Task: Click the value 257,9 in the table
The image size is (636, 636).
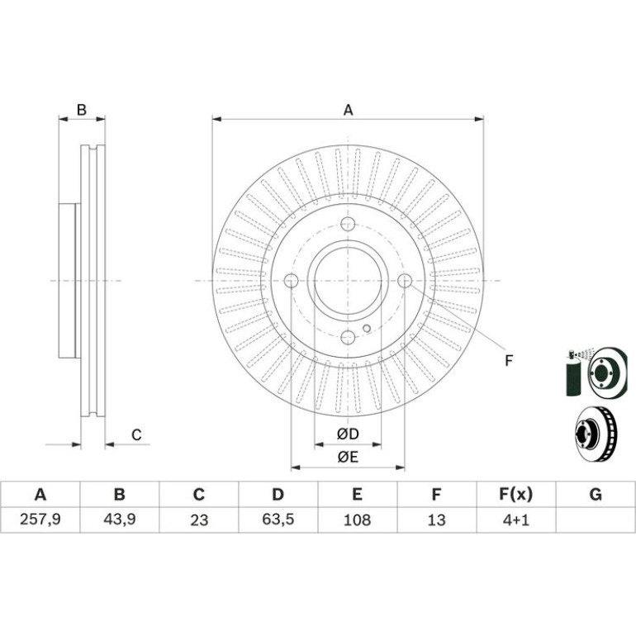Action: [40, 520]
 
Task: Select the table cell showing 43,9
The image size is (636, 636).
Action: [119, 520]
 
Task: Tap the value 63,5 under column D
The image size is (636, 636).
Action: [278, 520]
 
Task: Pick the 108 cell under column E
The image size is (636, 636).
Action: [357, 520]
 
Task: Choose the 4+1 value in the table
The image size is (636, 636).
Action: [516, 520]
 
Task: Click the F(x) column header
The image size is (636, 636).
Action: [516, 495]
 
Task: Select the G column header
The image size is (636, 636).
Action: [596, 495]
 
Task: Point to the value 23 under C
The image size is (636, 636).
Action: [199, 520]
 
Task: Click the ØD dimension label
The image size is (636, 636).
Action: [348, 434]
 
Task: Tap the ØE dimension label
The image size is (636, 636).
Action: [348, 458]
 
